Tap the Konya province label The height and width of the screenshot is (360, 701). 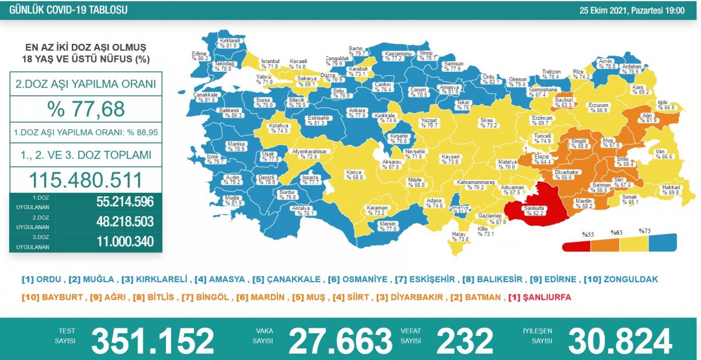pyautogui.click(x=354, y=174)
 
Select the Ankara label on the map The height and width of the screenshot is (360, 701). pyautogui.click(x=357, y=113)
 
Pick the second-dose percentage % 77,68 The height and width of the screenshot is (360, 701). pyautogui.click(x=85, y=108)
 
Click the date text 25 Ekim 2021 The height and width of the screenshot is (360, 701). pyautogui.click(x=604, y=11)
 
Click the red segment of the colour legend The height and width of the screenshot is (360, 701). pyautogui.click(x=575, y=245)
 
